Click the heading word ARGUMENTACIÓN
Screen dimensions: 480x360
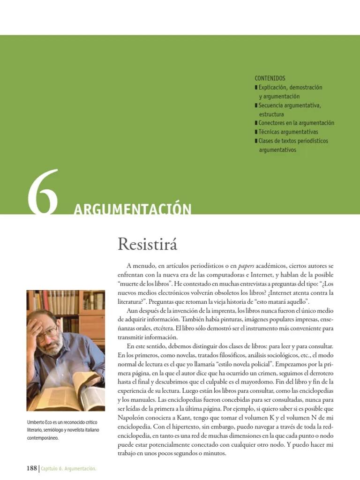pyautogui.click(x=132, y=209)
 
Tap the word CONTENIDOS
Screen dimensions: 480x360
pyautogui.click(x=270, y=78)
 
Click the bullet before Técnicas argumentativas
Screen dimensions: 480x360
pyautogui.click(x=256, y=132)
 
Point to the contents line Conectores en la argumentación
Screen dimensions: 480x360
pyautogui.click(x=296, y=123)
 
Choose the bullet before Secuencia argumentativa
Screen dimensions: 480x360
pyautogui.click(x=256, y=105)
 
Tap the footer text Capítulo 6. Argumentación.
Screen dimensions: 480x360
pyautogui.click(x=68, y=469)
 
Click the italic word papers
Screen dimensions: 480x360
pyautogui.click(x=249, y=266)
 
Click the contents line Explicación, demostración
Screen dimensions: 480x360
pyautogui.click(x=290, y=87)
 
